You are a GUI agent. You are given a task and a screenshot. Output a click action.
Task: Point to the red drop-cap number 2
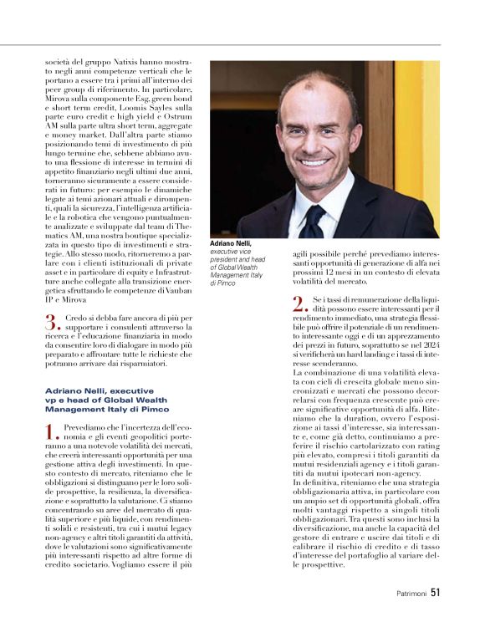pyautogui.click(x=299, y=303)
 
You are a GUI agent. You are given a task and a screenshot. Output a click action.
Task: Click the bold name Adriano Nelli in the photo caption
pyautogui.click(x=231, y=242)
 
